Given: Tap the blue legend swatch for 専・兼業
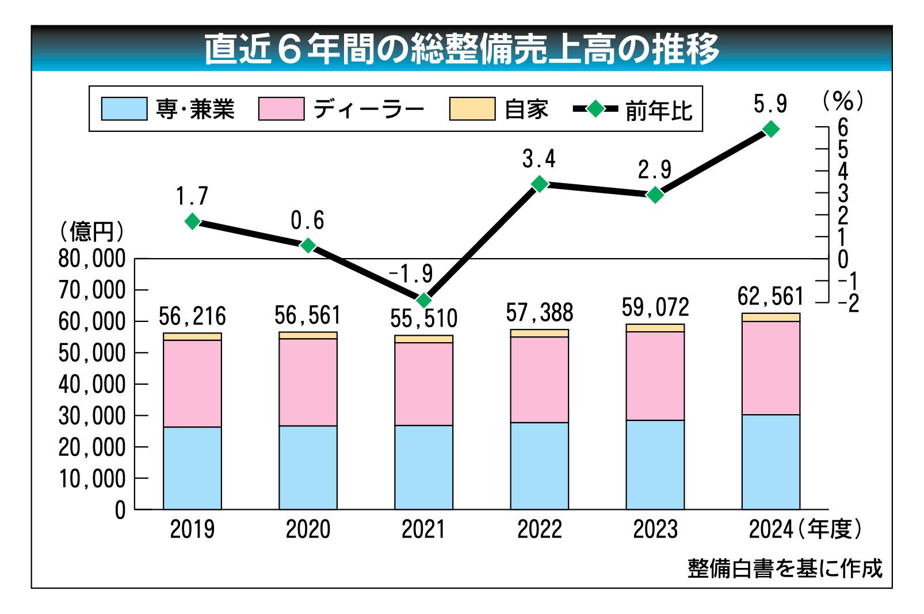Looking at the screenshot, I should click(124, 109).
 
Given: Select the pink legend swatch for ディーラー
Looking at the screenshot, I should click(281, 109).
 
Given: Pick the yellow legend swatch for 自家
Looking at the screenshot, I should click(472, 109).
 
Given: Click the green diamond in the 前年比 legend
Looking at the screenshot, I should click(595, 109).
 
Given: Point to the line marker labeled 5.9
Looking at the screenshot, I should click(770, 129).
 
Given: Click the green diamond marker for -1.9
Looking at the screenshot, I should click(424, 300).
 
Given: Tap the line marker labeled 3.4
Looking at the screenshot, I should click(540, 184).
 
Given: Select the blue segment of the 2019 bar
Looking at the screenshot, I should click(192, 468).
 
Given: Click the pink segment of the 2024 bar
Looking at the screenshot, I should click(770, 367).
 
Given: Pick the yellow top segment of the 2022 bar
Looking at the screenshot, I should click(539, 333).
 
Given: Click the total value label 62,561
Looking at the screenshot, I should click(770, 297).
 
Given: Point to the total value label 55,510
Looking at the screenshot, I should click(423, 319).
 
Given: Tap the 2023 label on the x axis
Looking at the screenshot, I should click(655, 529).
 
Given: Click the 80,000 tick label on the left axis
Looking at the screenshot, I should click(92, 259).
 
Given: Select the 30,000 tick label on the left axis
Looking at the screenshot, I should click(92, 416).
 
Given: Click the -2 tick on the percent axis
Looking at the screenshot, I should click(847, 304).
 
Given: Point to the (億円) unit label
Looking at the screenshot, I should click(92, 232).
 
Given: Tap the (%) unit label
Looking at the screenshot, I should click(843, 101).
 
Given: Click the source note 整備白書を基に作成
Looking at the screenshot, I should click(785, 568).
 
